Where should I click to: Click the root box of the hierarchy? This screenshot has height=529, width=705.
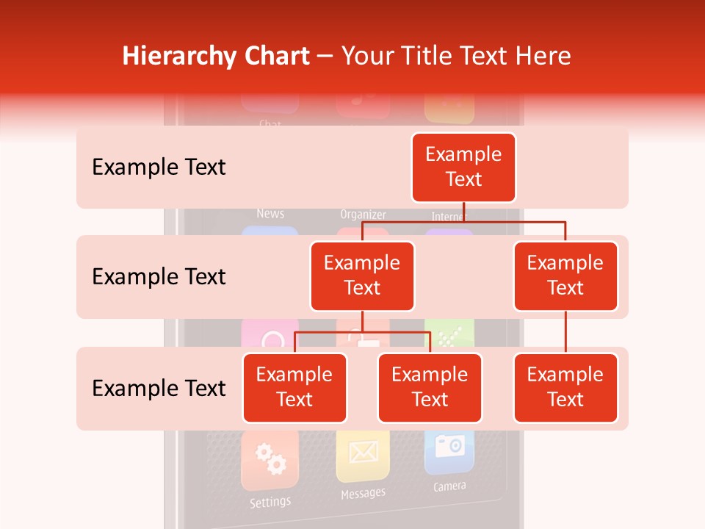(x=463, y=168)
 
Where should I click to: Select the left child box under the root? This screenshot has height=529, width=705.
(x=362, y=276)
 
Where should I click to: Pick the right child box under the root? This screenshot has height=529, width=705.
(x=565, y=276)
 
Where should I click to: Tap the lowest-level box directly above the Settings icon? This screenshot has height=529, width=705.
(x=294, y=387)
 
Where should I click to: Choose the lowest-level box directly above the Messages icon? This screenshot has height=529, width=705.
(x=430, y=387)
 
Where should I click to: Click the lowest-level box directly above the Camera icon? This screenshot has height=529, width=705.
(x=565, y=387)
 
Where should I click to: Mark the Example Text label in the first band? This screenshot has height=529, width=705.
(x=159, y=168)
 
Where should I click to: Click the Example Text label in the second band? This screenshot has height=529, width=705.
(x=159, y=277)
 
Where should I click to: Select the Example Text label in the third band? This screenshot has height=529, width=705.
(x=159, y=388)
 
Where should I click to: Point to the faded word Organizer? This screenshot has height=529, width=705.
(x=363, y=215)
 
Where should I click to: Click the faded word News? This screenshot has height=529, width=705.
(x=270, y=214)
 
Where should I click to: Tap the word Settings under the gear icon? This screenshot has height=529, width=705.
(x=270, y=503)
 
